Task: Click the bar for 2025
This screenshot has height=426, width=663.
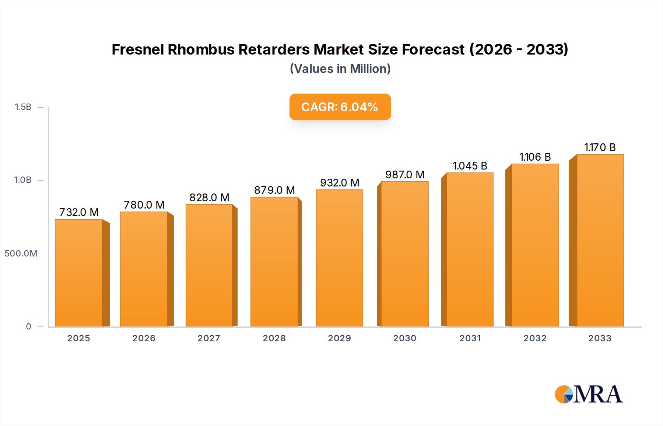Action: click(79, 273)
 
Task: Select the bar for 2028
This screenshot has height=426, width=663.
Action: click(274, 262)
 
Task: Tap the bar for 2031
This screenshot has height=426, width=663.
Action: click(470, 249)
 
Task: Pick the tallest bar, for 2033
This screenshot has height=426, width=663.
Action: click(600, 240)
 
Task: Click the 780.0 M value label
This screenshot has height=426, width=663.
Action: click(144, 205)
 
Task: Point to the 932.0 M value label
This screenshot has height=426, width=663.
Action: click(340, 183)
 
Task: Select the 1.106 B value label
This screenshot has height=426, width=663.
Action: click(535, 157)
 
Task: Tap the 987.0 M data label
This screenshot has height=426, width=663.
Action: click(405, 175)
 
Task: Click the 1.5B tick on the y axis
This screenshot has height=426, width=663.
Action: click(23, 107)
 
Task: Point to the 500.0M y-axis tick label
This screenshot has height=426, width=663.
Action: click(21, 254)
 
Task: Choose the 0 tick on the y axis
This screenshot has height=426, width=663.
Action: click(28, 327)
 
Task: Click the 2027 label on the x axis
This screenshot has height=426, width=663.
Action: click(209, 338)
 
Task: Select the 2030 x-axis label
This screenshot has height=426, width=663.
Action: click(404, 338)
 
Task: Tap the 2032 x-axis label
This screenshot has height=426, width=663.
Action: click(535, 338)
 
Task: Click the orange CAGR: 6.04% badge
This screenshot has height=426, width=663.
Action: click(340, 107)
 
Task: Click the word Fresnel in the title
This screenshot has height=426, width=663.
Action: click(138, 49)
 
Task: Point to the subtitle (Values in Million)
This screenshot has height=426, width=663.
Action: click(340, 69)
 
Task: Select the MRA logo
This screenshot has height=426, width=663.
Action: click(589, 394)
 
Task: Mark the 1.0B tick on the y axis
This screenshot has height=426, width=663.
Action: click(23, 180)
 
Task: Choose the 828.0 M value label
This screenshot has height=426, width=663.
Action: click(209, 198)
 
